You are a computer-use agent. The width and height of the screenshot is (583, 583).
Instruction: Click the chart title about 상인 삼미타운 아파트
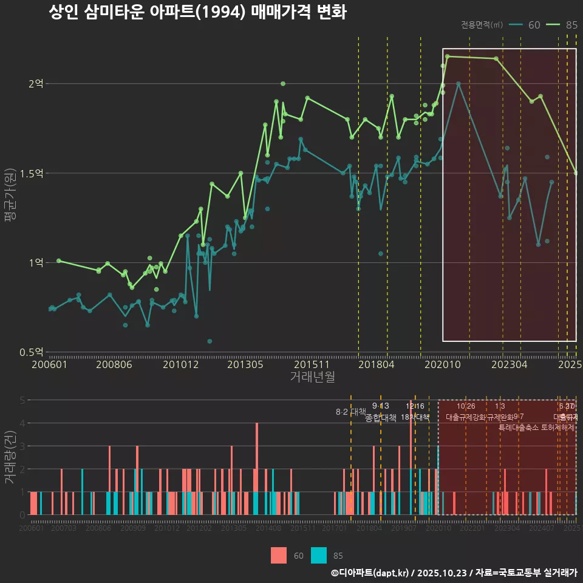pyautogui.click(x=197, y=13)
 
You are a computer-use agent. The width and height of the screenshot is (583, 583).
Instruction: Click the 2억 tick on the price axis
pyautogui.click(x=36, y=84)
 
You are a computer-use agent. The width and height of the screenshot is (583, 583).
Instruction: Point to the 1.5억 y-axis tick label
pyautogui.click(x=33, y=173)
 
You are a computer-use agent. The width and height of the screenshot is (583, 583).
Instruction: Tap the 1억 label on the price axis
pyautogui.click(x=36, y=262)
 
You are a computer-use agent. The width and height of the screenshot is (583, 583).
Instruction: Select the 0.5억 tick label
pyautogui.click(x=33, y=352)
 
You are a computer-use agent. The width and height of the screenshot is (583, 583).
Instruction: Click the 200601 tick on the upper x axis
pyautogui.click(x=49, y=365)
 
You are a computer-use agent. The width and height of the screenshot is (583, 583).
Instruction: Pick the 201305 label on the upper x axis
pyautogui.click(x=245, y=365)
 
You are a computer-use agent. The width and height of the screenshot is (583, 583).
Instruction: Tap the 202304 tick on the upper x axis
pyautogui.click(x=509, y=365)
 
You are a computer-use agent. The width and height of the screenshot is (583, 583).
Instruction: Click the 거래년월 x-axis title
pyautogui.click(x=312, y=377)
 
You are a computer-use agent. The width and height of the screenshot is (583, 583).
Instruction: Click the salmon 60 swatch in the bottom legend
pyautogui.click(x=279, y=555)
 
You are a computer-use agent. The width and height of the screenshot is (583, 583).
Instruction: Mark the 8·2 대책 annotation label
pyautogui.click(x=351, y=412)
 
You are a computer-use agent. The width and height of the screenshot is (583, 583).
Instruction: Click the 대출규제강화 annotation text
pyautogui.click(x=466, y=418)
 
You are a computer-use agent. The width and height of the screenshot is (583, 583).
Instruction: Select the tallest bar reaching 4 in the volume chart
pyautogui.click(x=257, y=468)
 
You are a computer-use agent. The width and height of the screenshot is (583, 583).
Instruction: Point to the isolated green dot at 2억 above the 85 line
pyautogui.click(x=283, y=84)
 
